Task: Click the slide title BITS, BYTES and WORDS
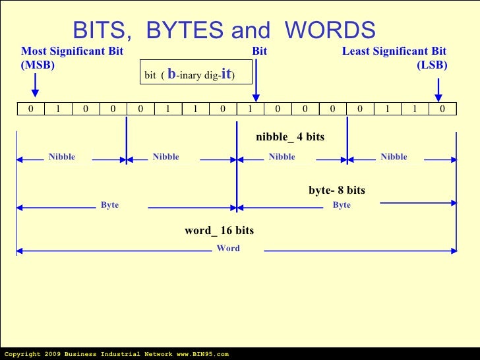(x=224, y=30)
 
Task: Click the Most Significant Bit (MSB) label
(x=72, y=58)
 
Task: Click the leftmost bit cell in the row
(x=31, y=109)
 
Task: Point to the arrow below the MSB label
(x=36, y=84)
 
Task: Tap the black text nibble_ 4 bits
(x=290, y=137)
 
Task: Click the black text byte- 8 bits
(x=337, y=191)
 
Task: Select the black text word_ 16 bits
(x=219, y=231)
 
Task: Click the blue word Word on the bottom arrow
(x=228, y=249)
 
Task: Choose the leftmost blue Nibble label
(x=62, y=157)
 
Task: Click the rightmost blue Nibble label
(x=394, y=157)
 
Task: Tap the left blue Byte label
(x=109, y=205)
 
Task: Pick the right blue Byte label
(x=342, y=205)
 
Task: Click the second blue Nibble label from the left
(x=165, y=157)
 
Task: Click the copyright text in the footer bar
(x=116, y=354)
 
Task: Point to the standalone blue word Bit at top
(x=259, y=51)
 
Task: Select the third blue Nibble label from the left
(x=282, y=157)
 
